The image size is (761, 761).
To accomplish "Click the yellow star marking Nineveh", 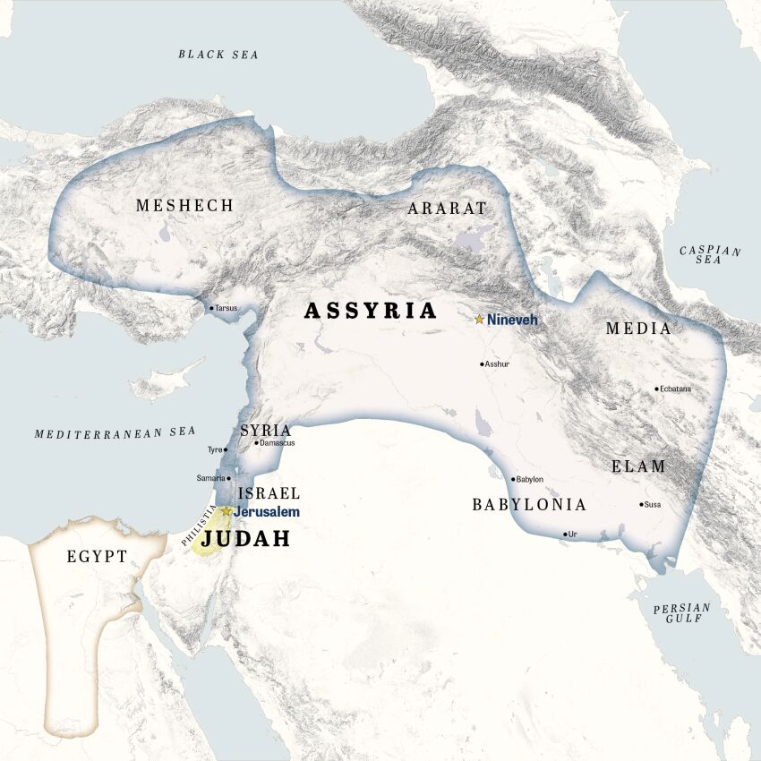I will (480, 319).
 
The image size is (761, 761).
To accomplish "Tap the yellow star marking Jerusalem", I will (227, 511).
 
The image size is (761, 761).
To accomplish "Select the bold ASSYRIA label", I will (371, 311).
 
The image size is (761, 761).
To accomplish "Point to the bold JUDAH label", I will (245, 539).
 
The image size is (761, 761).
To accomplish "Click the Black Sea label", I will (218, 55).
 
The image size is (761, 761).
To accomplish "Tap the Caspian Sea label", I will (710, 254).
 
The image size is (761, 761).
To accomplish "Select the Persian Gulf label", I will (681, 613).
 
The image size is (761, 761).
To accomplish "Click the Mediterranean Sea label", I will (115, 432).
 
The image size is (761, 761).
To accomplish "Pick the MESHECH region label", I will (184, 206).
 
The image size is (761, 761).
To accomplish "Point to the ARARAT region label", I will (447, 209).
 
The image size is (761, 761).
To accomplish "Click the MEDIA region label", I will (638, 329).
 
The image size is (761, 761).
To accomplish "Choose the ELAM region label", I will (638, 466).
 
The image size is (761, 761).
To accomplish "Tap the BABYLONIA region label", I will (529, 505).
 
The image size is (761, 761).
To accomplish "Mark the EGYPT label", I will (97, 557).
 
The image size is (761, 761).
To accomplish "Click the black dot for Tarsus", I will (211, 308).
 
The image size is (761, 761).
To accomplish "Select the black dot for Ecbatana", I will (656, 389).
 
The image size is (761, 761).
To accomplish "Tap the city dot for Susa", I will (641, 504).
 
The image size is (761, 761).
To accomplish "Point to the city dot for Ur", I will (565, 534).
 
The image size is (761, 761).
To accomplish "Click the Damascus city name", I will (278, 442).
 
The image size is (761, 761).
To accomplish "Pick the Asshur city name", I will (499, 364).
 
